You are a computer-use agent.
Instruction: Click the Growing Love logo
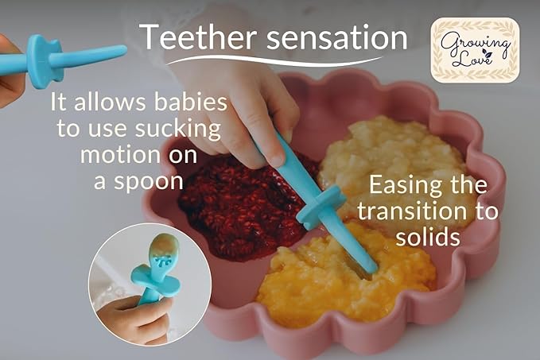coord(474,50)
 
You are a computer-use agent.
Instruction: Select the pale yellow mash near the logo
coord(382,155)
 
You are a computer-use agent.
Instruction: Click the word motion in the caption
coord(118,154)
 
